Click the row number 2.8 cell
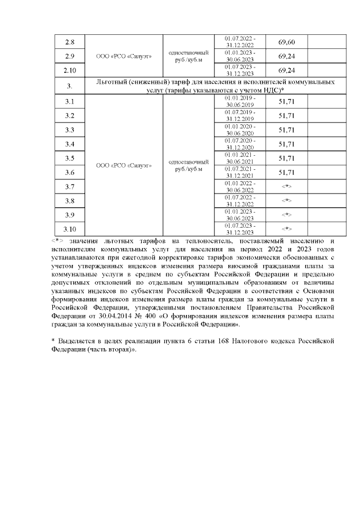(70, 43)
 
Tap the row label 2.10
(70, 70)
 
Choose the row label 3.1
(70, 102)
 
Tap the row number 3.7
(70, 187)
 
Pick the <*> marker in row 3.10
(287, 229)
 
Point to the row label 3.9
(70, 215)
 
